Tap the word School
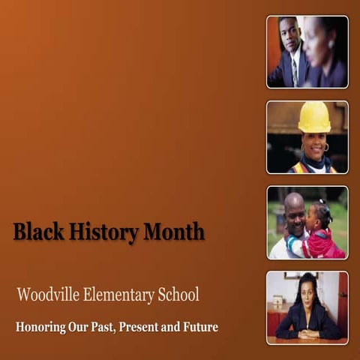point(178,295)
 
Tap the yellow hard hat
point(313,117)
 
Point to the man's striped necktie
point(295,72)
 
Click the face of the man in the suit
point(289,34)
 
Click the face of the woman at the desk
point(307,289)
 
